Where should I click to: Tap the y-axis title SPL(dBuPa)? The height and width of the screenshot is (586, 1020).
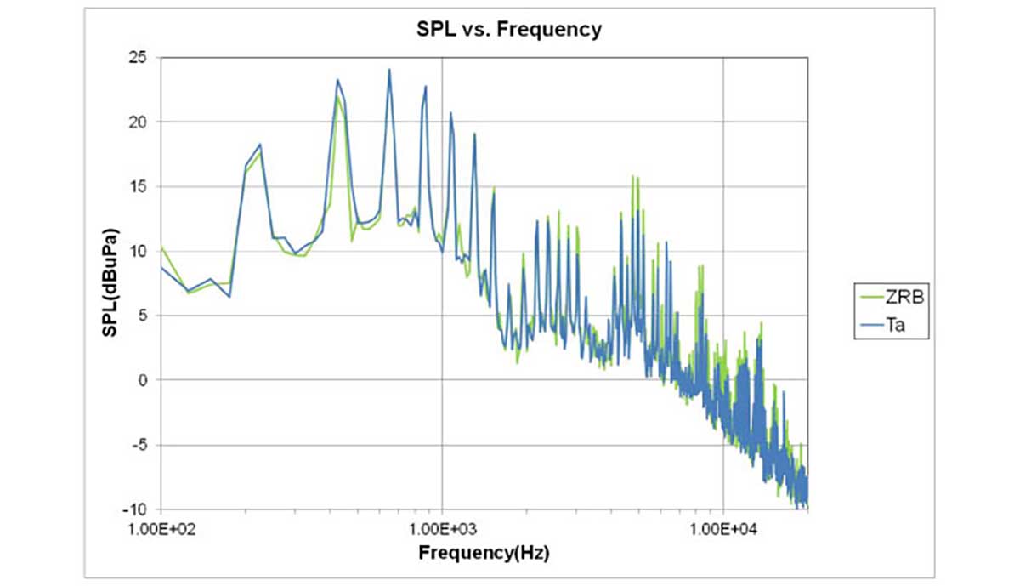tap(111, 282)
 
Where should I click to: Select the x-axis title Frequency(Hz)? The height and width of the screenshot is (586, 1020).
tap(484, 554)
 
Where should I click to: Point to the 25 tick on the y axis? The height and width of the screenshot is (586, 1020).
tap(139, 58)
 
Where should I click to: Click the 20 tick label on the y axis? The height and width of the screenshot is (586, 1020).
tap(139, 122)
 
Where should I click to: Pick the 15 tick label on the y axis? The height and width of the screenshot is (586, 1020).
tap(139, 187)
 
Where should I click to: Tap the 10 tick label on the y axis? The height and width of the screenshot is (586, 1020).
tap(139, 252)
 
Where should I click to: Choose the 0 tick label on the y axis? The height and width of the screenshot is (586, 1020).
tap(143, 380)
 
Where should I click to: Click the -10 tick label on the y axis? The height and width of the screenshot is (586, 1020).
tap(136, 509)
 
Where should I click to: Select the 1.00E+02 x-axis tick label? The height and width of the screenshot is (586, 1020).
tap(161, 529)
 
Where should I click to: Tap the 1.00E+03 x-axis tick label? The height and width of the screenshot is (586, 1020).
tap(441, 529)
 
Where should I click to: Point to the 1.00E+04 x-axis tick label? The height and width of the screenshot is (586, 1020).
tap(722, 529)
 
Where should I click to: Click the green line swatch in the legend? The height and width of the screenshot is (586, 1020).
tap(868, 299)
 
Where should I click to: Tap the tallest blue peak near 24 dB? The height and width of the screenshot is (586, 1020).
tap(389, 71)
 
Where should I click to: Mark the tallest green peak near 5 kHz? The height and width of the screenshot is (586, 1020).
tap(632, 177)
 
